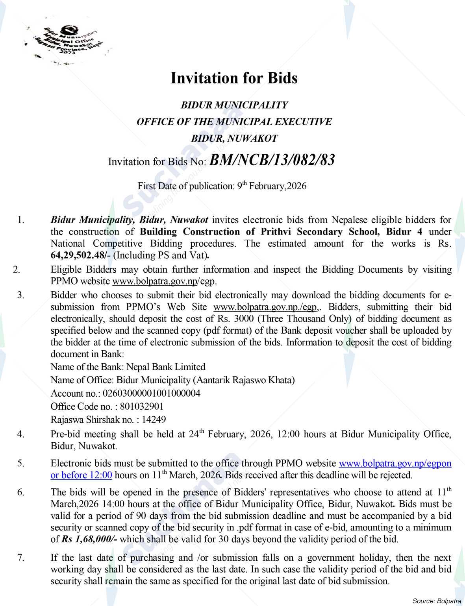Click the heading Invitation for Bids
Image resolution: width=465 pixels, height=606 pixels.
click(234, 78)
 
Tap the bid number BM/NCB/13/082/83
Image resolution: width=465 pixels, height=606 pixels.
click(272, 160)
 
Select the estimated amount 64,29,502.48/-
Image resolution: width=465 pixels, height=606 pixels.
click(81, 255)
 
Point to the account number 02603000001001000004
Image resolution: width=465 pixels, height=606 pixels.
click(151, 393)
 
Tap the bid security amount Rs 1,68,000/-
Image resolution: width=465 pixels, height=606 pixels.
click(89, 539)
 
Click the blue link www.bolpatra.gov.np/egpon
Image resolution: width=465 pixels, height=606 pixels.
click(395, 463)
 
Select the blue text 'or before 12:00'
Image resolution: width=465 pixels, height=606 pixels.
click(82, 475)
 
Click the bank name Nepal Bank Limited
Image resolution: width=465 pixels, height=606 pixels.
click(166, 367)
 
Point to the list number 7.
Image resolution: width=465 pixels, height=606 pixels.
click(20, 558)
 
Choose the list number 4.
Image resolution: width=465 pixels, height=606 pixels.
click(20, 434)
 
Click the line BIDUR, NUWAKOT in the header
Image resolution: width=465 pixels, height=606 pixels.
click(234, 139)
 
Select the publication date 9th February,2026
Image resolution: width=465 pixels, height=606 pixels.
click(271, 186)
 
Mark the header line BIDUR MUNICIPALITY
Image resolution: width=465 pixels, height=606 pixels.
click(234, 105)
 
